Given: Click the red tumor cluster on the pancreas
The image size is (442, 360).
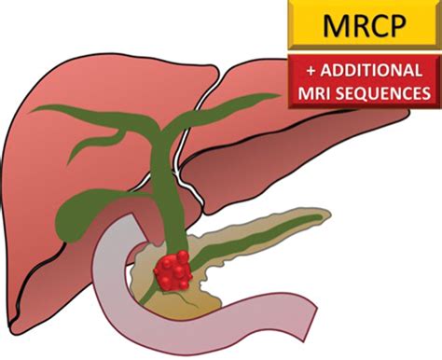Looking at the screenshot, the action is point(173,269).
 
